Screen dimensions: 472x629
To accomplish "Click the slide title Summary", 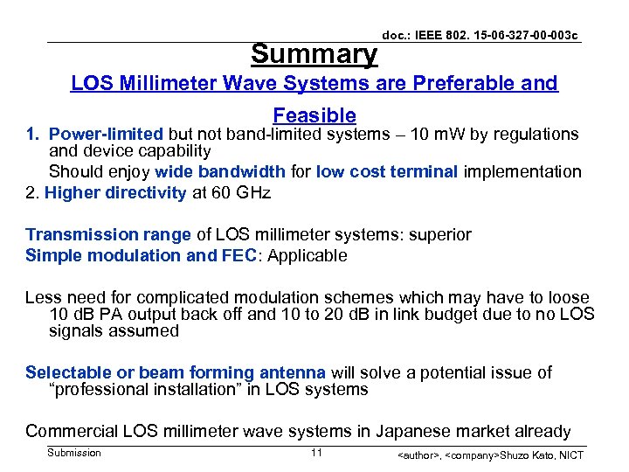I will [314, 54].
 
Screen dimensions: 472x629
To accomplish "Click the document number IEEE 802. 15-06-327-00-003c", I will [480, 35].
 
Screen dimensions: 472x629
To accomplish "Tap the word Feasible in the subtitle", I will [314, 115].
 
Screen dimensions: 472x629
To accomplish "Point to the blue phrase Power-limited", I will [106, 134].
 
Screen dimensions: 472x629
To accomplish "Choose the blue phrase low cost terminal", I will [386, 171].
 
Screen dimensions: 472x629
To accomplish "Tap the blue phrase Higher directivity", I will [115, 192].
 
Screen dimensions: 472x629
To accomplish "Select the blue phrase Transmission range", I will [108, 234].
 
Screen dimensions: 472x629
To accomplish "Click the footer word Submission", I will [74, 453].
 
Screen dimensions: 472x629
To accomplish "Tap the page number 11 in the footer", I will [316, 453].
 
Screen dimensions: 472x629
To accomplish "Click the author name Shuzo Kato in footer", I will [534, 455].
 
